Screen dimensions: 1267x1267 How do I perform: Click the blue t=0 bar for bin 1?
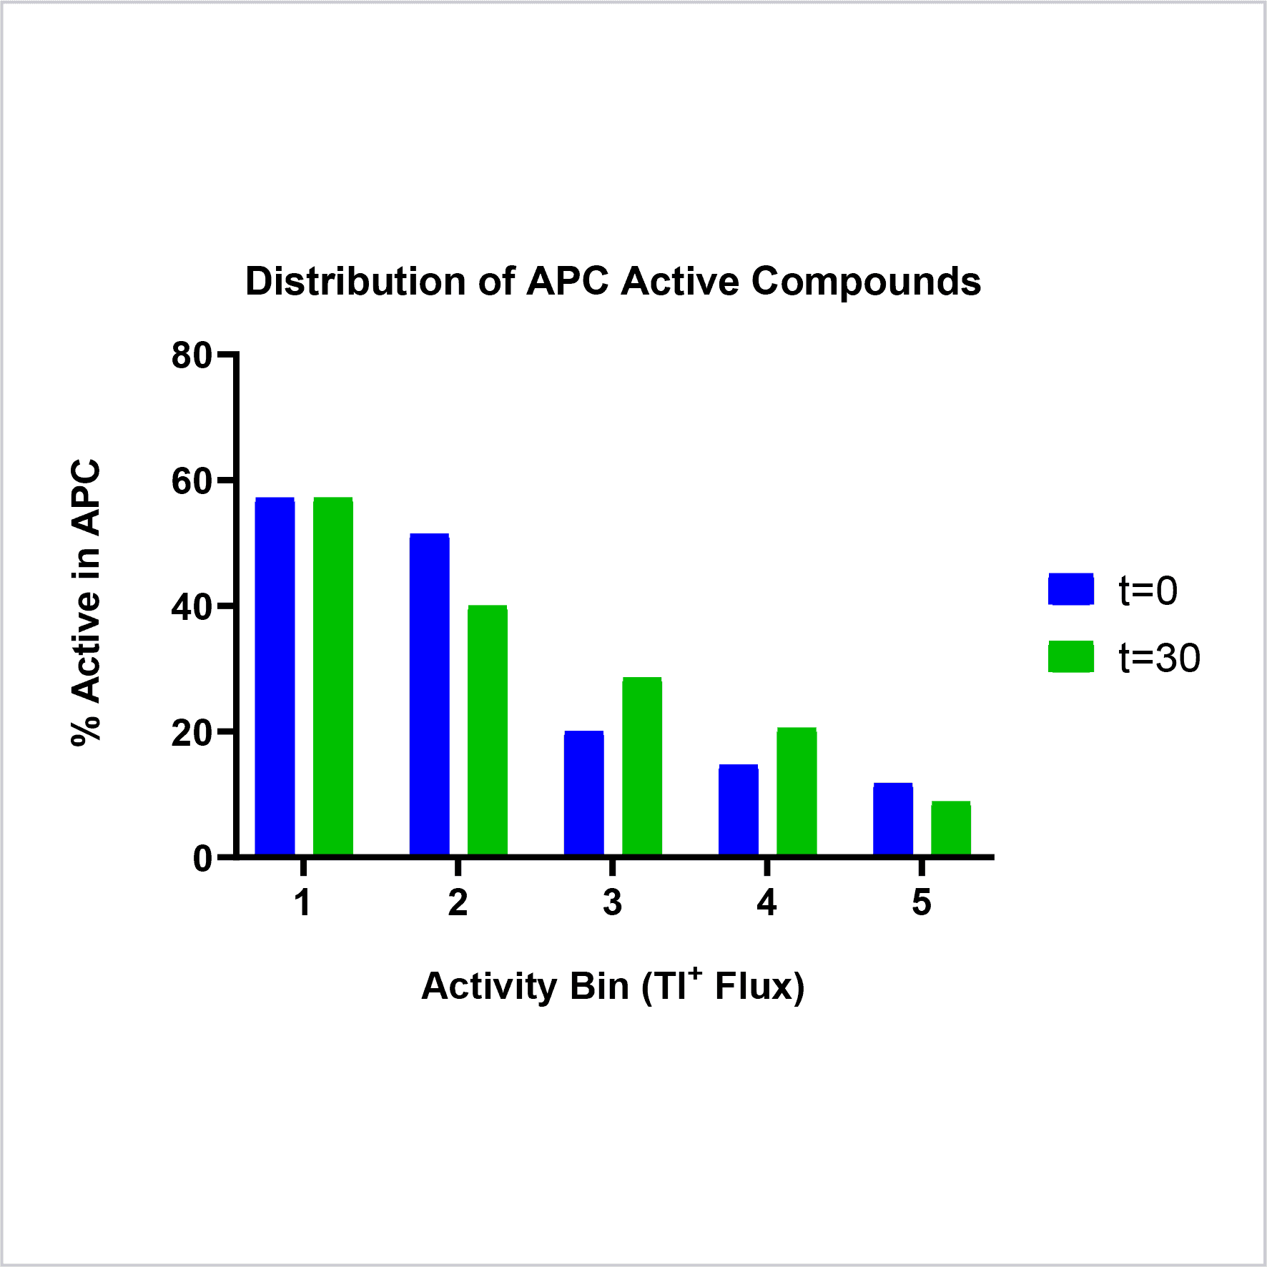[x=275, y=676]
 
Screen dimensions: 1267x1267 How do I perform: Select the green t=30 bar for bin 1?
[x=333, y=676]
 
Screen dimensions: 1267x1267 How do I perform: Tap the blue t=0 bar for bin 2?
[x=430, y=694]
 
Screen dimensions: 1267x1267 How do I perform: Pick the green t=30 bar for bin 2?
[x=488, y=730]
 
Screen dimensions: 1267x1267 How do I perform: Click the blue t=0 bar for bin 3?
[x=584, y=793]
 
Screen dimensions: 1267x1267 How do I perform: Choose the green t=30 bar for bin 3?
[x=642, y=766]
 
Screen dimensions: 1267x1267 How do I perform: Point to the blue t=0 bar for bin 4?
[x=739, y=809]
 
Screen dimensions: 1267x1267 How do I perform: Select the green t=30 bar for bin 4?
[x=797, y=791]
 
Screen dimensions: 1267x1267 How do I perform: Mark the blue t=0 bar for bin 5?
[x=893, y=819]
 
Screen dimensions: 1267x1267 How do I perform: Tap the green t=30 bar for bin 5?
[x=951, y=828]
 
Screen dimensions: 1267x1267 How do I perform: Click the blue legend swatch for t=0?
[x=1071, y=589]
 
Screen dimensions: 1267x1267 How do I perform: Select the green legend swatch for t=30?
[x=1071, y=656]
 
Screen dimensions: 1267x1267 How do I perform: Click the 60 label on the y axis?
[x=192, y=481]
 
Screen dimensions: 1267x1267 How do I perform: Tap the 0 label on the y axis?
[x=202, y=858]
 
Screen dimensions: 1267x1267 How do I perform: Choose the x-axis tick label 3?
[x=612, y=902]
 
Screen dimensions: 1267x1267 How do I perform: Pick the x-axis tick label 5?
[x=922, y=902]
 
